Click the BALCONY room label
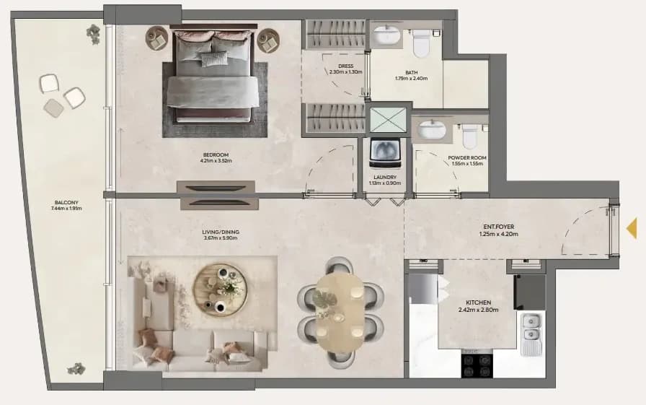coord(66,202)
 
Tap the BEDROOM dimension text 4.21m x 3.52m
coord(216,161)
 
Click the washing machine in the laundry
coord(385,154)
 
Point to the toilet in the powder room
coord(469,136)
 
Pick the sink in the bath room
coord(386,35)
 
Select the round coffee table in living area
coord(221,290)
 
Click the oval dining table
coord(340,313)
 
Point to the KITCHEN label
coord(478,302)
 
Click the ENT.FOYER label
coord(498,227)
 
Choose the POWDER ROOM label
coord(467,157)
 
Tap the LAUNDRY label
coord(385,178)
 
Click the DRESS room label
coord(345,66)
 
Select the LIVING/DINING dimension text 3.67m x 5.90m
coord(221,238)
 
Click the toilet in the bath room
coord(421,43)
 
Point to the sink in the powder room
coord(432,129)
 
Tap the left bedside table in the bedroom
coord(156,38)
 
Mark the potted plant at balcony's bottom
coord(76,368)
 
